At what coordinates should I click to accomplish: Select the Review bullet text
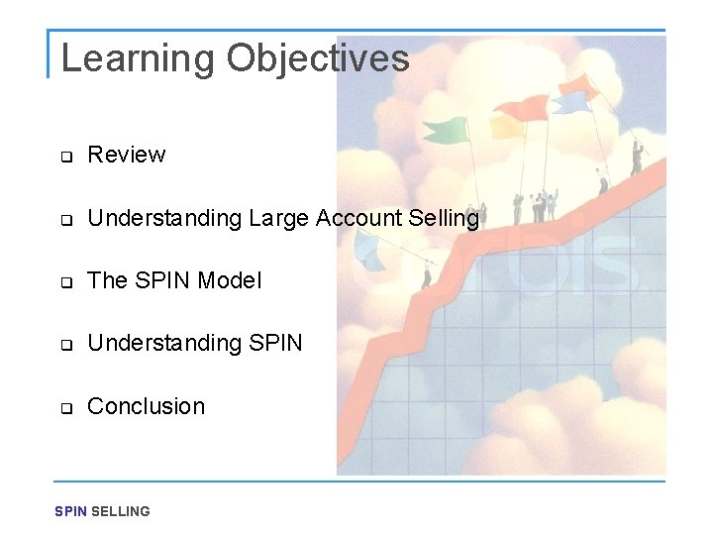point(127,155)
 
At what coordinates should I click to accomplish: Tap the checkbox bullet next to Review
point(66,157)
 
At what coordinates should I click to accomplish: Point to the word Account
point(355,218)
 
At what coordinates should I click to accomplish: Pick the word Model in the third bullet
point(230,280)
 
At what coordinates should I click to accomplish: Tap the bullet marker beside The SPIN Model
point(66,282)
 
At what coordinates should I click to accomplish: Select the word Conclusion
point(147,406)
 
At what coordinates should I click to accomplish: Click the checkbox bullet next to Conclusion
point(66,408)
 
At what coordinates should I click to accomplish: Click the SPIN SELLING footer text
point(102,511)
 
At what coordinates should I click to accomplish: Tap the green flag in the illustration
point(446,130)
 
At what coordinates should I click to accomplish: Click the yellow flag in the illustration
point(506,126)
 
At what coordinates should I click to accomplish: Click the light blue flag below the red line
point(370,257)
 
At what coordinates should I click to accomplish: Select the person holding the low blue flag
point(428,271)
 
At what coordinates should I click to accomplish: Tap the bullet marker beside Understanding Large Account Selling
point(66,220)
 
